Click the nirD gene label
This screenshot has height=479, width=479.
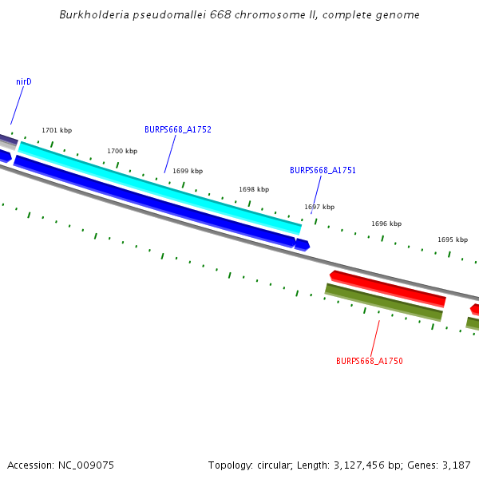(23, 81)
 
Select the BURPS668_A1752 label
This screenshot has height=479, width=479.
(177, 129)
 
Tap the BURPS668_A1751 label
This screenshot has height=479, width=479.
(323, 170)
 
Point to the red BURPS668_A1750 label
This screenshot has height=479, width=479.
(369, 361)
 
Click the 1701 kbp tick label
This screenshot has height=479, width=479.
(57, 130)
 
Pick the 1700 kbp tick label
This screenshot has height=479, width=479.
(122, 151)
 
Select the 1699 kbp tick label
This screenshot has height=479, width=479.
(188, 171)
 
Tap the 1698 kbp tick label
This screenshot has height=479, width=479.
(254, 189)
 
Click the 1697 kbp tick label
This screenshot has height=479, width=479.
(319, 207)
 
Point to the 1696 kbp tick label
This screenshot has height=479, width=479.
(386, 224)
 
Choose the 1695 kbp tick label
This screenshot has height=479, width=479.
(453, 239)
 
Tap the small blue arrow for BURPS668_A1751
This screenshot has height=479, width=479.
(302, 244)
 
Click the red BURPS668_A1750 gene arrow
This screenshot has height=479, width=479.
(387, 288)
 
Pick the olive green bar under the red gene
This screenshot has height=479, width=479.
(383, 303)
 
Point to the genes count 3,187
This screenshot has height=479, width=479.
(456, 465)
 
